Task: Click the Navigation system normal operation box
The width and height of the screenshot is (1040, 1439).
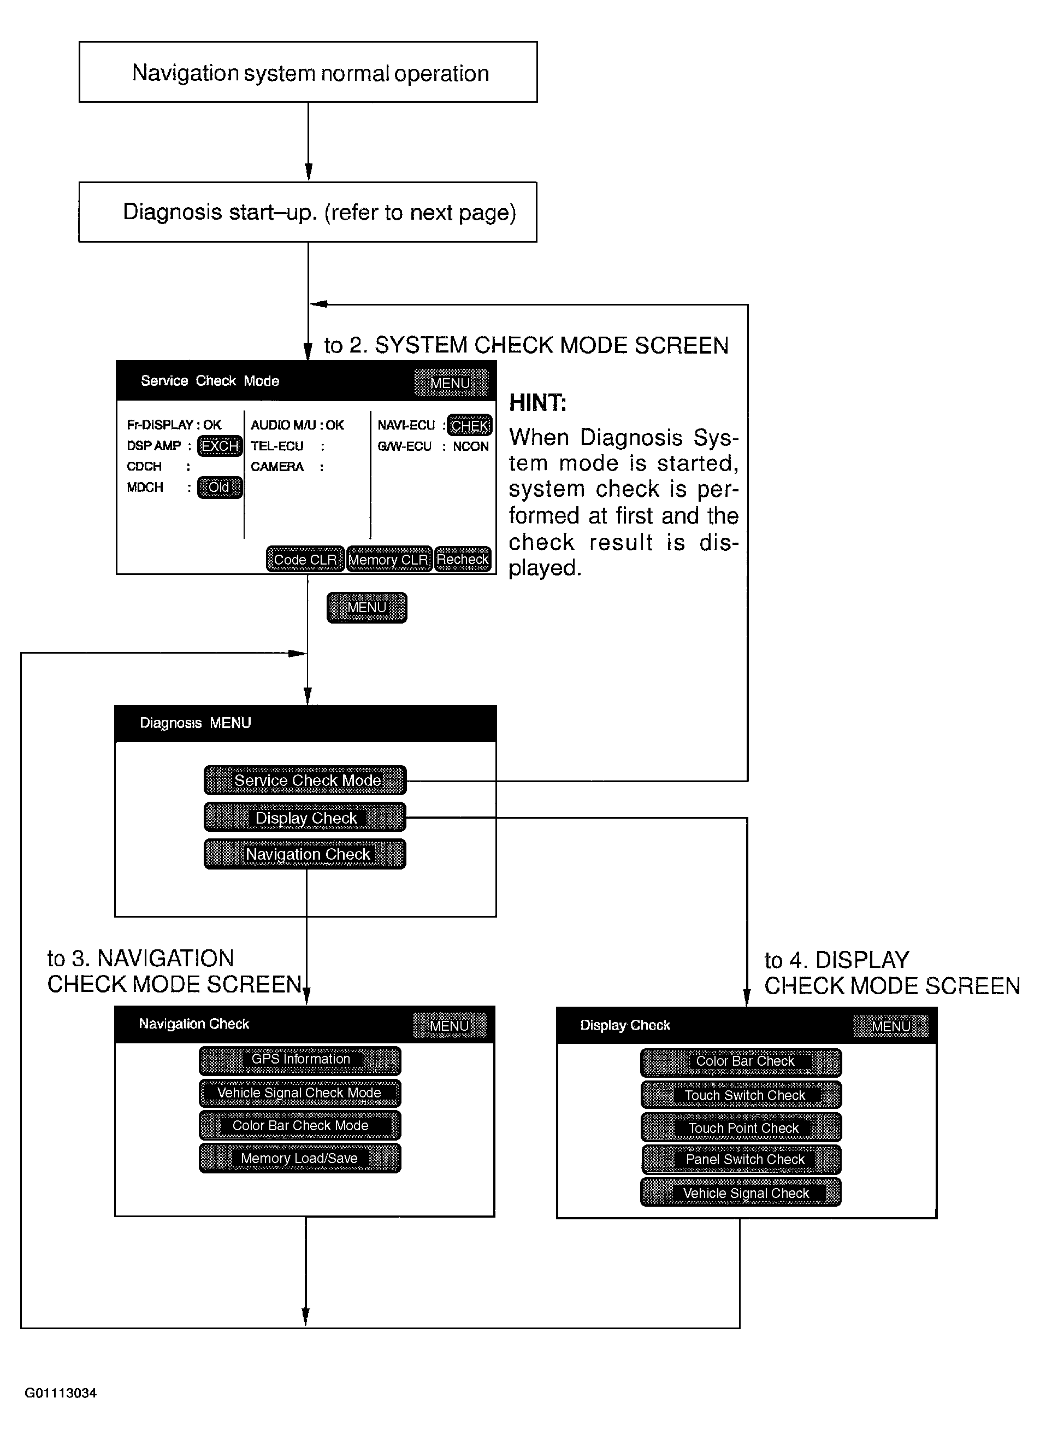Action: coord(308,72)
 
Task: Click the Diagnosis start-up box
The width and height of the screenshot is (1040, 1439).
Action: coord(308,212)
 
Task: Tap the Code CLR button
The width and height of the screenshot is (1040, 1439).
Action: coord(305,559)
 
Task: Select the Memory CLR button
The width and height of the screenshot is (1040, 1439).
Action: coord(389,559)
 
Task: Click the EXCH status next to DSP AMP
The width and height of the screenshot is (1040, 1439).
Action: coord(220,446)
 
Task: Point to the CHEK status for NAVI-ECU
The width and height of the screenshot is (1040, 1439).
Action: coord(470,425)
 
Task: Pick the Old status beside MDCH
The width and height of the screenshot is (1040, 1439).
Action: coord(220,488)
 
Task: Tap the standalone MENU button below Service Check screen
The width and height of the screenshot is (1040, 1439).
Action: coord(367,608)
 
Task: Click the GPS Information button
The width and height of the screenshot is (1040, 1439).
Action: coord(300,1059)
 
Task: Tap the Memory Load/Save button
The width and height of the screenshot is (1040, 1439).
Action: coord(300,1159)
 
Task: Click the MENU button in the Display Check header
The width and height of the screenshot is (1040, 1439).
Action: coord(890,1026)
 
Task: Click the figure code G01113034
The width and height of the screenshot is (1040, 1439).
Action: coord(61,1393)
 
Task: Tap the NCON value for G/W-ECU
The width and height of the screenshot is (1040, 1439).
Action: coord(470,447)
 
